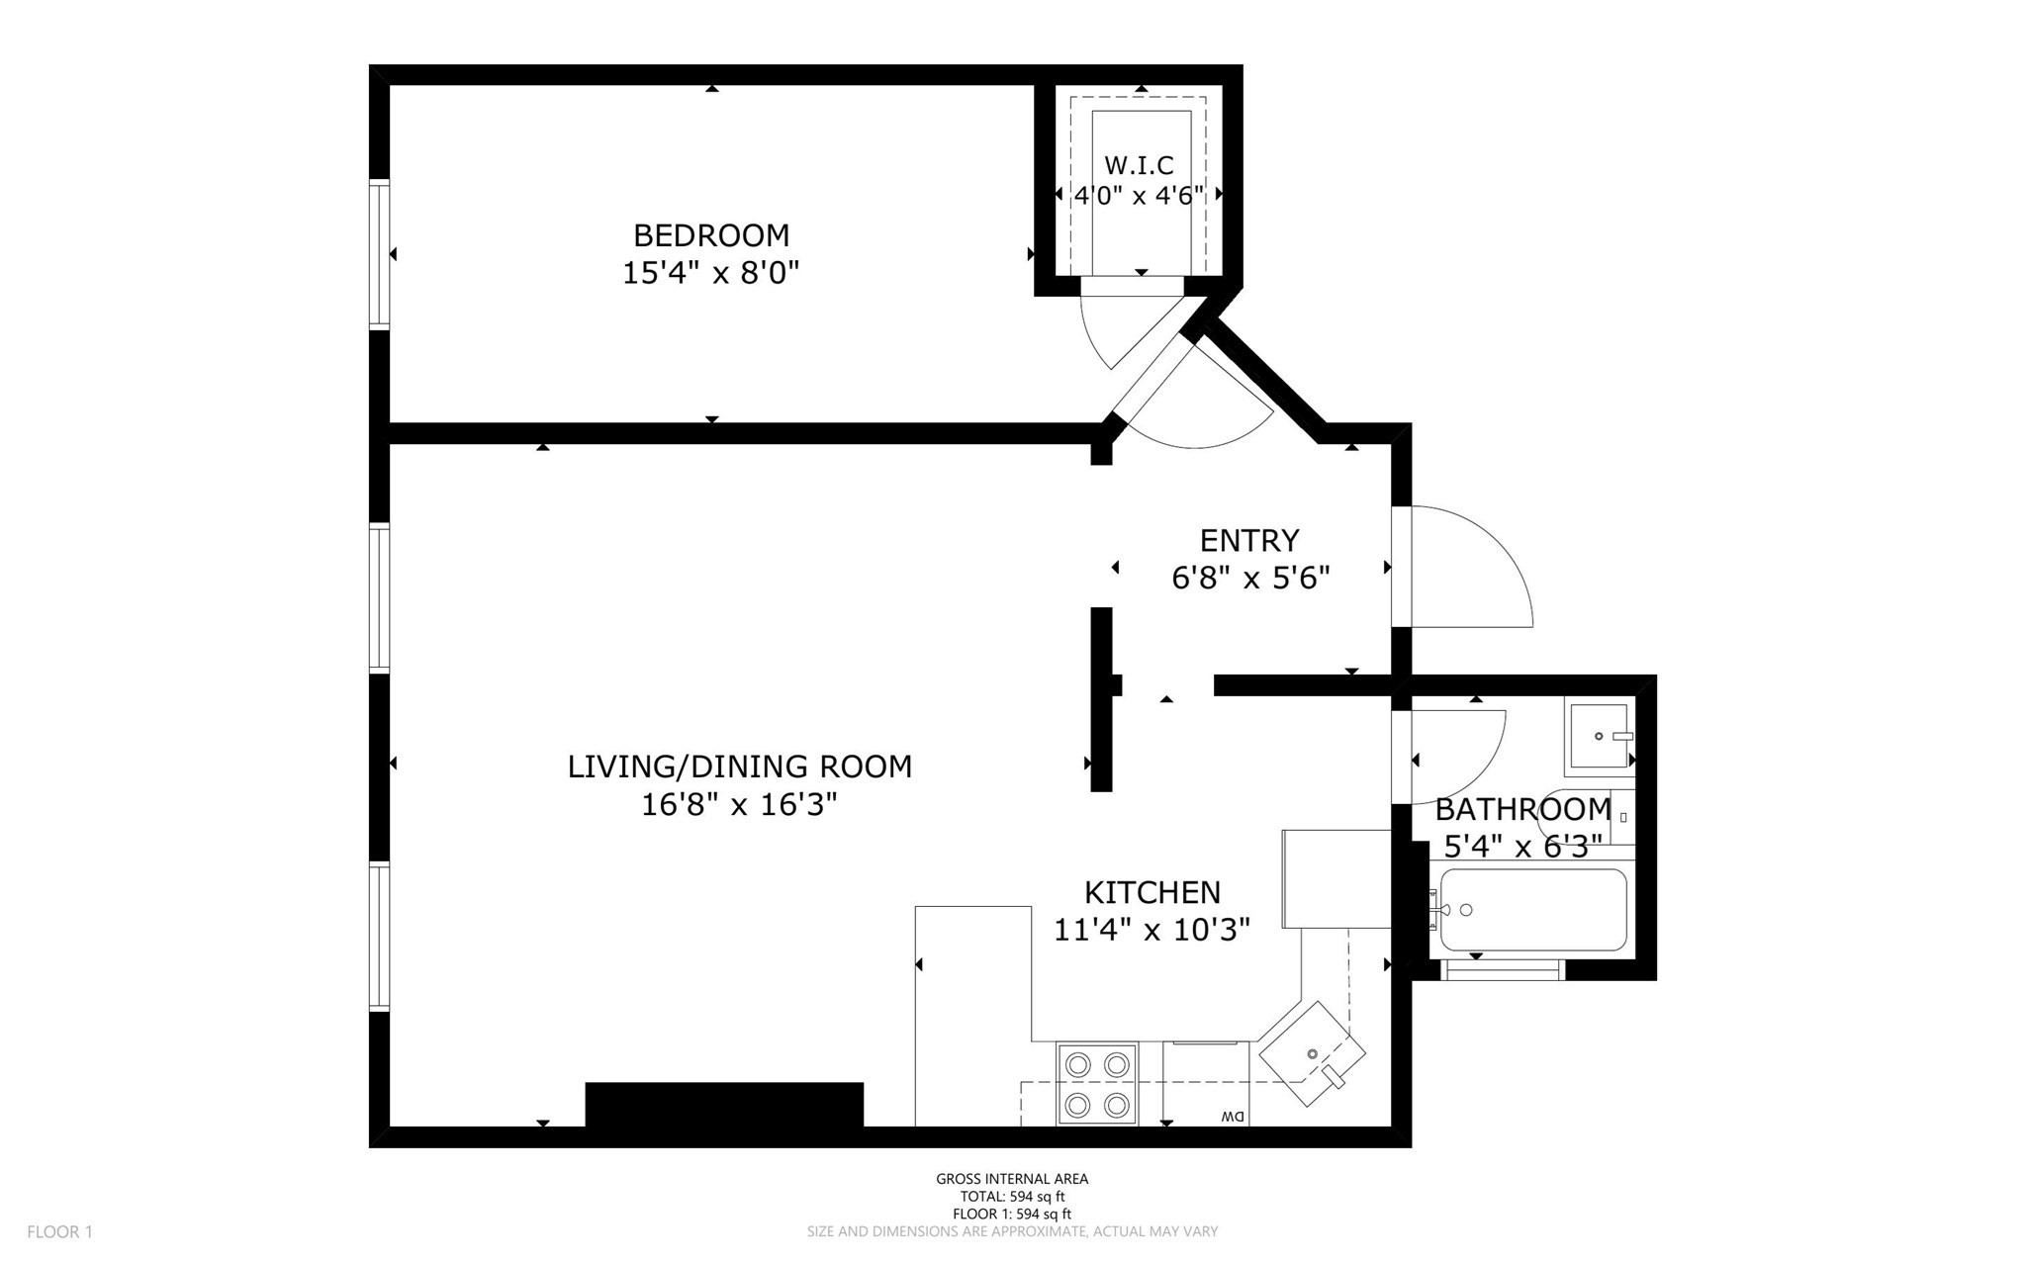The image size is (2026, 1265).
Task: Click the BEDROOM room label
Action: coord(711,235)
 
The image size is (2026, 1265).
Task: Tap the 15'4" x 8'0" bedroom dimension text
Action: coord(710,273)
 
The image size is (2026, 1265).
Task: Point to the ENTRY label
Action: coord(1248,541)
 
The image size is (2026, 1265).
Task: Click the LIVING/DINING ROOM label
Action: coord(739,767)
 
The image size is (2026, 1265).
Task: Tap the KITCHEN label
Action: coord(1152,893)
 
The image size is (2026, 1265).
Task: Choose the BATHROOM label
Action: coord(1522,810)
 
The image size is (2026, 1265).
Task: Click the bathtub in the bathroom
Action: coord(1532,910)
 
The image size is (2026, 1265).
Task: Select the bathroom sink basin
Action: coord(1598,737)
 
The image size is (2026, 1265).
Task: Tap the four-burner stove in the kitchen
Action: coord(1096,1084)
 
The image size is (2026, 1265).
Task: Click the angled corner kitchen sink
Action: coord(1311,1054)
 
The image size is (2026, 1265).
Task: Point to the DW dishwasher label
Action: coord(1233,1117)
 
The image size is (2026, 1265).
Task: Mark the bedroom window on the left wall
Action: coord(379,253)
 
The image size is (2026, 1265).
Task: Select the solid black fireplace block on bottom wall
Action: coord(724,1104)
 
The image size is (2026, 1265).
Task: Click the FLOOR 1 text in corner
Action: coord(59,1232)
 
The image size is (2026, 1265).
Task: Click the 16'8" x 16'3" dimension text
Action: coord(739,805)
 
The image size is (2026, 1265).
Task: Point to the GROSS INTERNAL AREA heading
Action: coord(1012,1179)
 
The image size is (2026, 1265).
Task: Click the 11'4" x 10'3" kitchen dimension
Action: coord(1152,931)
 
